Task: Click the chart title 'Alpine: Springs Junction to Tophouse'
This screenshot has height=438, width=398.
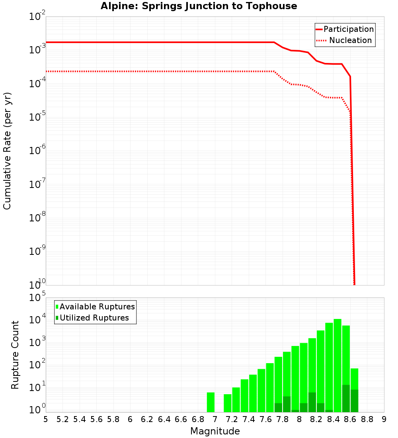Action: click(199, 6)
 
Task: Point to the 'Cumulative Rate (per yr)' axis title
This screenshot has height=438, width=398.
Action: click(7, 151)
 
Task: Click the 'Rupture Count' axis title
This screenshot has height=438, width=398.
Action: click(15, 355)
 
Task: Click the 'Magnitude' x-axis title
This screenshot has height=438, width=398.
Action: click(215, 431)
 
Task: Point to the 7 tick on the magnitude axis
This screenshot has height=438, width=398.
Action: click(215, 419)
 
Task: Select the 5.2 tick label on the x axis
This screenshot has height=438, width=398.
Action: click(62, 419)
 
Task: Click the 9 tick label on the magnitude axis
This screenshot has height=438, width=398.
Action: click(384, 419)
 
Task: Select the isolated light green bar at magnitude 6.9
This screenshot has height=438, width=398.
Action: click(211, 402)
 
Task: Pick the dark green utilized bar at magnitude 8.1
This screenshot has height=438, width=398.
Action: click(312, 402)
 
